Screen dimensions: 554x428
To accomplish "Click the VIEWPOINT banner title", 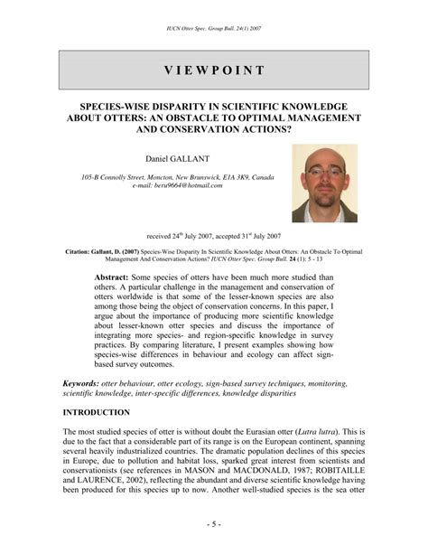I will click(x=214, y=70).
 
